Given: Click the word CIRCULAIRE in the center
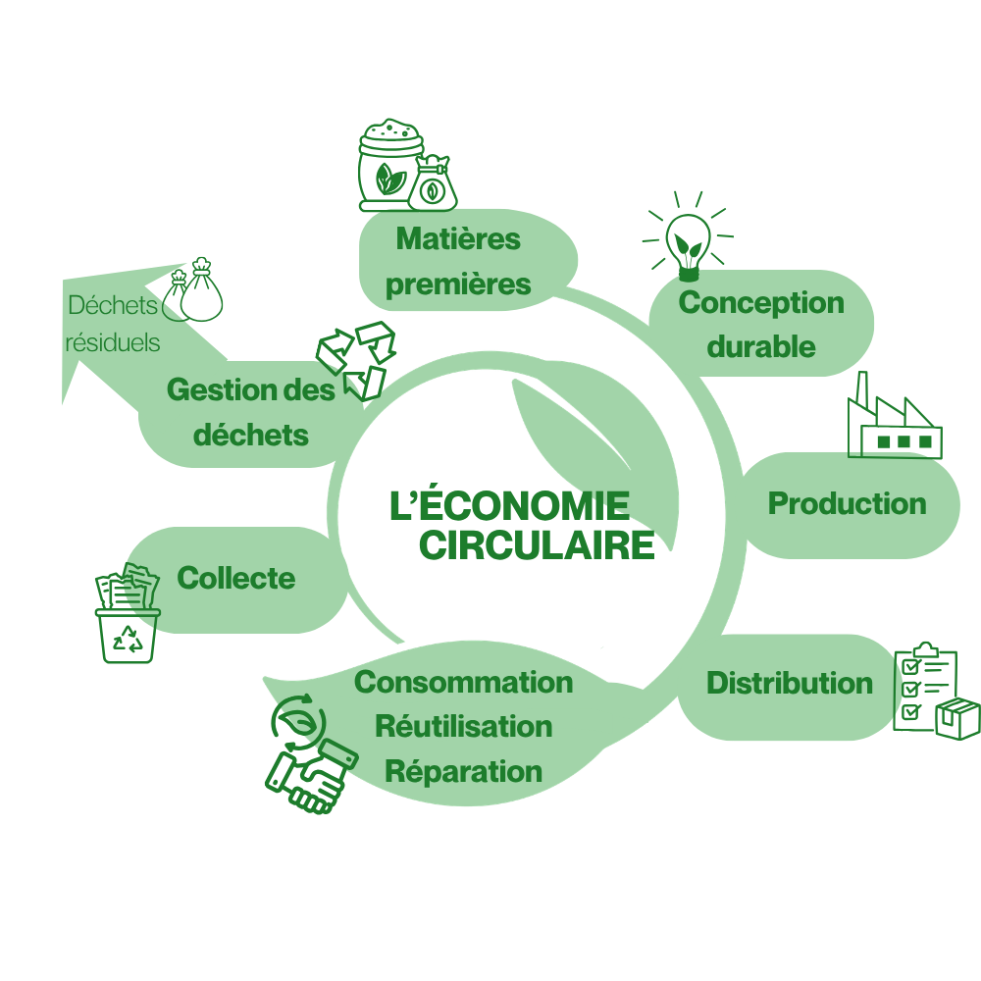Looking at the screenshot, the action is pyautogui.click(x=537, y=545).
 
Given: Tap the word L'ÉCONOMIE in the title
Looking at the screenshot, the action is pyautogui.click(x=509, y=503).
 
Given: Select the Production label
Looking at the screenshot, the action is pyautogui.click(x=848, y=503).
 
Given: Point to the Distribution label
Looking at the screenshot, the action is pyautogui.click(x=790, y=683).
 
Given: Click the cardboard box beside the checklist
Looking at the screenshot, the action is pyautogui.click(x=957, y=719).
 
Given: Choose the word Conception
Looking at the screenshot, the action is pyautogui.click(x=761, y=304).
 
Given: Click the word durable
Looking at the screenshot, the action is pyautogui.click(x=761, y=347).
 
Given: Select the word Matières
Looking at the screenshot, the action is pyautogui.click(x=458, y=239).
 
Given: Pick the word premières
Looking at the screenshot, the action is pyautogui.click(x=458, y=285).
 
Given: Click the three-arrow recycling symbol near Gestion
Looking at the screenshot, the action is pyautogui.click(x=356, y=361).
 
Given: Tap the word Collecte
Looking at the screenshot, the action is pyautogui.click(x=235, y=578).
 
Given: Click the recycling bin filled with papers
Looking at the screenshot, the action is pyautogui.click(x=128, y=613).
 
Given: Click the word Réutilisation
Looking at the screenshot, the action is pyautogui.click(x=464, y=727).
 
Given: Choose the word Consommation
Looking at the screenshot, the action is pyautogui.click(x=464, y=683).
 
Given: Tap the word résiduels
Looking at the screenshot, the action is pyautogui.click(x=113, y=342).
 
